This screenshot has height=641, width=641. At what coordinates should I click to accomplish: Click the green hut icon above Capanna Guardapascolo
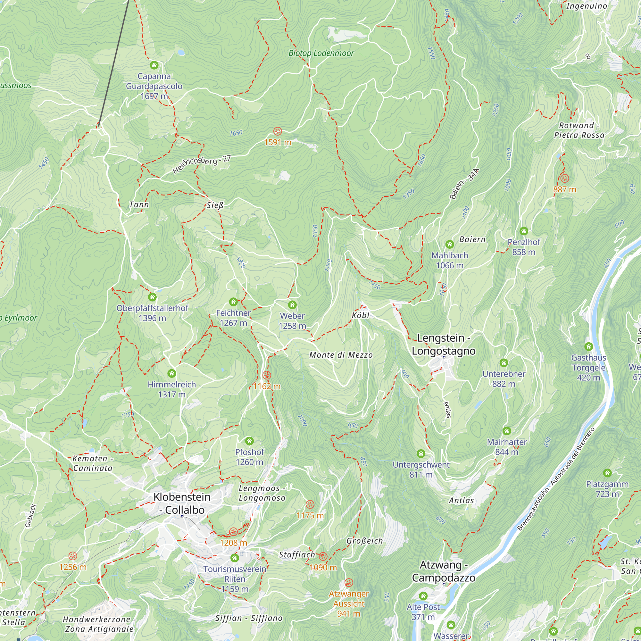(x=154, y=65)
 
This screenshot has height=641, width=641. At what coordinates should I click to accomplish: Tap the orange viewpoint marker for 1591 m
(x=278, y=131)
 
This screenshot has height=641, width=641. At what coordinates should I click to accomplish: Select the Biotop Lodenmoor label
(x=321, y=53)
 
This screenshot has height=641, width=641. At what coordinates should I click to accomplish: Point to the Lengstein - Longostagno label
(x=444, y=345)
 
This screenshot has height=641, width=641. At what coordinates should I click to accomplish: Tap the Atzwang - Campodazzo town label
(x=444, y=571)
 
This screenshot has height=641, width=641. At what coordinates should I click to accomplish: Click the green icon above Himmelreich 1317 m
(x=171, y=374)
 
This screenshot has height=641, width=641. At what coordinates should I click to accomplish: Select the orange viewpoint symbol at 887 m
(x=564, y=179)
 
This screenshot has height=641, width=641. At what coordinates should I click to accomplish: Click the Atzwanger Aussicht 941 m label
(x=349, y=604)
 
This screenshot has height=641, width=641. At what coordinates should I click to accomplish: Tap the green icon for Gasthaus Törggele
(x=588, y=347)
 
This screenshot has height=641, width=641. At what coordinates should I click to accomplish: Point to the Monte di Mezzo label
(x=341, y=355)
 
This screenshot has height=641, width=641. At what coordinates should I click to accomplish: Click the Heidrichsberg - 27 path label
(x=201, y=164)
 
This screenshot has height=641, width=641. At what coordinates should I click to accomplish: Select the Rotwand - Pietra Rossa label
(x=579, y=130)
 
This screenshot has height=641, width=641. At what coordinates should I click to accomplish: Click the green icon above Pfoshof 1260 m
(x=249, y=441)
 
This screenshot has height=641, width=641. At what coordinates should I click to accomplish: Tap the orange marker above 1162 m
(x=267, y=375)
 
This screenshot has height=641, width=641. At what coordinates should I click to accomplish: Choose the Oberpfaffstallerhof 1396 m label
(x=152, y=312)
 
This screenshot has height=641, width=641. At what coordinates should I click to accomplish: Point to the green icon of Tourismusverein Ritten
(x=235, y=558)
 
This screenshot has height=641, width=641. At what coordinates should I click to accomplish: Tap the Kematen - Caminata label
(x=93, y=463)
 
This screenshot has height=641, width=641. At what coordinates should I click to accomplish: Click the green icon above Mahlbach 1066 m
(x=450, y=245)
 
